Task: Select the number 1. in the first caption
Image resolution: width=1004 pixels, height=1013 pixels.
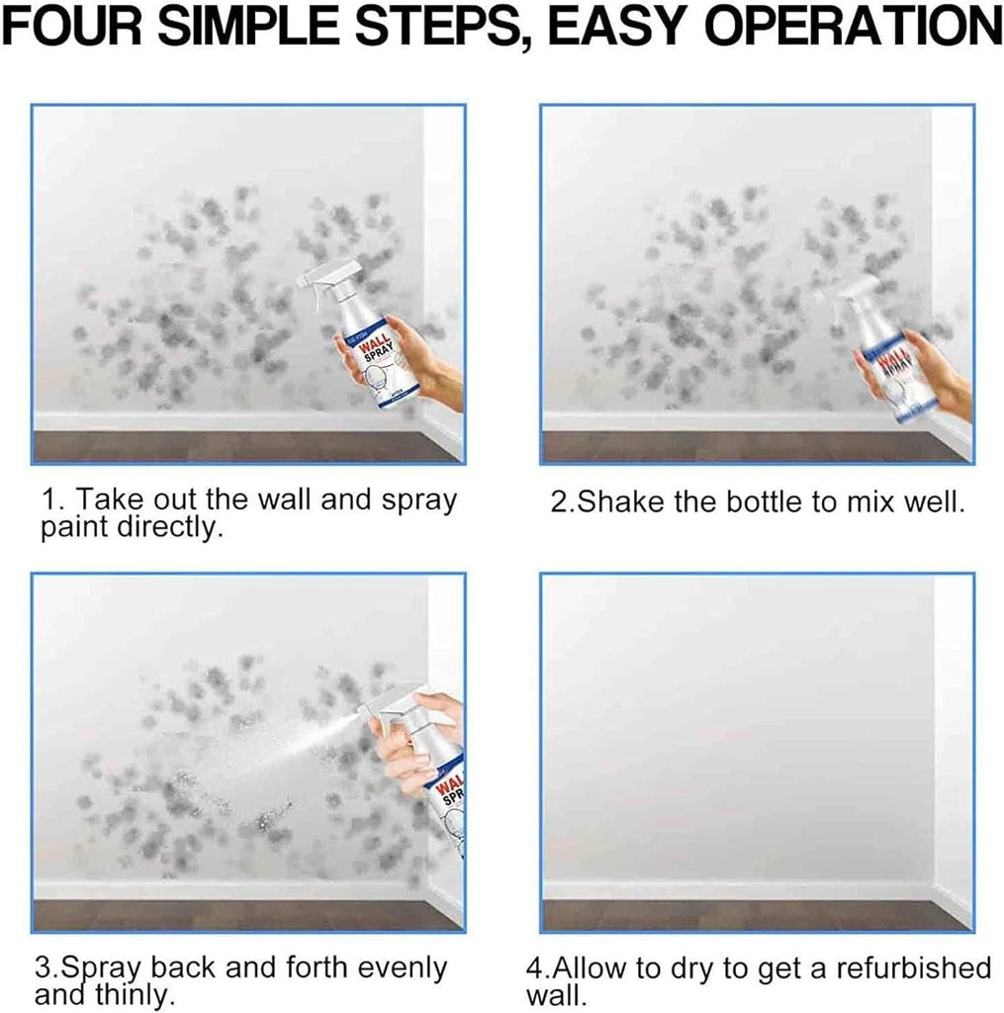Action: [49, 500]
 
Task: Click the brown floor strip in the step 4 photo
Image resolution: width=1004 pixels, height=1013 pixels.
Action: [732, 914]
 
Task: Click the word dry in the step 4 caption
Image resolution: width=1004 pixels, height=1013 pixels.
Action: [700, 967]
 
